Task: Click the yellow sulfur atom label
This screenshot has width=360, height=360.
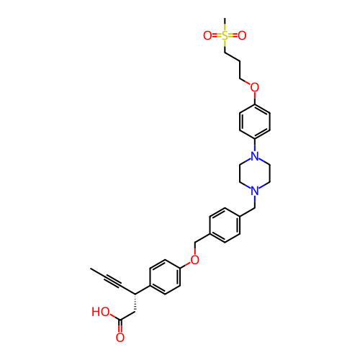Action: click(x=225, y=35)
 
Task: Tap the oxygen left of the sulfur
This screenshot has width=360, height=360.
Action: click(x=207, y=35)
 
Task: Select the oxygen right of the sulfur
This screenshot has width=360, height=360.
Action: click(x=242, y=35)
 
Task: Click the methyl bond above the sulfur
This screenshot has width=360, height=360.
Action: click(x=225, y=24)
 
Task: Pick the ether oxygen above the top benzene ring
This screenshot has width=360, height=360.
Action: click(x=255, y=87)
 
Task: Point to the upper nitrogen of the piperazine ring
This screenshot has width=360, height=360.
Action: click(x=255, y=156)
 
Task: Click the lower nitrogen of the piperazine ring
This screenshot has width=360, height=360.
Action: click(x=255, y=191)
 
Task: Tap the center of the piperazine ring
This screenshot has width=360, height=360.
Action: click(x=255, y=174)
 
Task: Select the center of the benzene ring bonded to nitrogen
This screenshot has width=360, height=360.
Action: click(x=255, y=122)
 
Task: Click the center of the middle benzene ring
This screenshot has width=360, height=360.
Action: click(x=225, y=225)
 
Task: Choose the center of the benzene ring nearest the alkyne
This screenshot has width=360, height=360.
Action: click(x=165, y=276)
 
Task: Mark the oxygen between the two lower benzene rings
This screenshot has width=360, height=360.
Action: click(x=195, y=260)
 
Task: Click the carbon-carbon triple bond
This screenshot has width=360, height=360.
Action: click(x=112, y=282)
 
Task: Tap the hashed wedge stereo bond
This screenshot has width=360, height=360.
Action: click(x=135, y=303)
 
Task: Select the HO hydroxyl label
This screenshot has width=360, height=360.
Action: click(x=101, y=312)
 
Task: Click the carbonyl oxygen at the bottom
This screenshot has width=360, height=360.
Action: click(x=120, y=337)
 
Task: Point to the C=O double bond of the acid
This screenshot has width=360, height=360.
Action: click(x=120, y=326)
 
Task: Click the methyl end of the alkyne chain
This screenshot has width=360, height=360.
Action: click(x=91, y=269)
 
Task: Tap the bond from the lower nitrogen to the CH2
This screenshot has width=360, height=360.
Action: click(x=255, y=202)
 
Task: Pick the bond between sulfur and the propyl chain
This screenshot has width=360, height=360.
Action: click(x=225, y=46)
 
